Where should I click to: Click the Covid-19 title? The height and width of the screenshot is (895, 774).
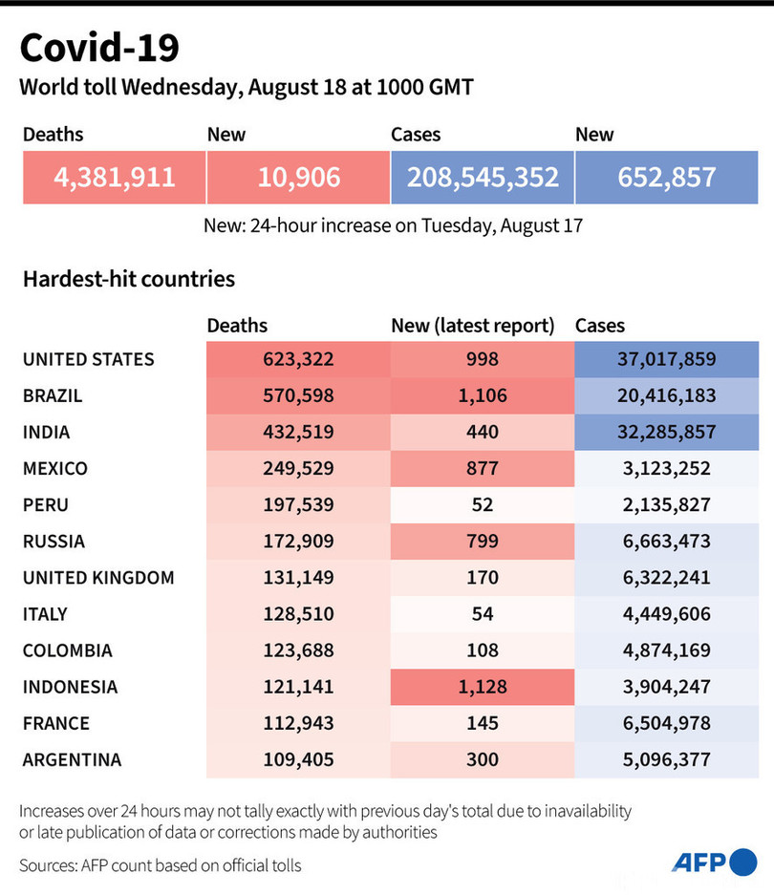pos(98,48)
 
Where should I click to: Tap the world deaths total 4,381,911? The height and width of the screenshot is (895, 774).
pos(115,177)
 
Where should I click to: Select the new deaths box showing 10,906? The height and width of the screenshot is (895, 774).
pos(298,177)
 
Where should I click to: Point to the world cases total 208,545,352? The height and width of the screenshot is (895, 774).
pos(483,177)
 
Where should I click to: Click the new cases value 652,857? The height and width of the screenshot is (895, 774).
pos(667,177)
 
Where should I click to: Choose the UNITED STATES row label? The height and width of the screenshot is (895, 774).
pos(88,360)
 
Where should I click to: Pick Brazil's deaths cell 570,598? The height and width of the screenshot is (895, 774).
pos(298,396)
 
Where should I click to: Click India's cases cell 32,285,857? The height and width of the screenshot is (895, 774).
pos(667,433)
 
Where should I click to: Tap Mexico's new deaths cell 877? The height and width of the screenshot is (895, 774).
pos(483,469)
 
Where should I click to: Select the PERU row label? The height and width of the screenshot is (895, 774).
pos(46,505)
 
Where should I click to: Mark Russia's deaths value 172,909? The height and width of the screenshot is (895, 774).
pos(298,542)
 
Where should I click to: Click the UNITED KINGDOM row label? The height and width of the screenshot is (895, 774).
pos(98,578)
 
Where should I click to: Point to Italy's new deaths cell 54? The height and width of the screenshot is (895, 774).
pos(483,614)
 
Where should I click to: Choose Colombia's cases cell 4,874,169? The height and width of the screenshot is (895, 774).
pos(667,650)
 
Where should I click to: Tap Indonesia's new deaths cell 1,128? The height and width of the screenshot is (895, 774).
pos(483,687)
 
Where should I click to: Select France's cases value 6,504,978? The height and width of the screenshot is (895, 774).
pos(667,723)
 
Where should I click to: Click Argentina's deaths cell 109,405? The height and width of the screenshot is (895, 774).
pos(298,760)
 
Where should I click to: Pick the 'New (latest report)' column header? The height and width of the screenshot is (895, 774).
pos(473,326)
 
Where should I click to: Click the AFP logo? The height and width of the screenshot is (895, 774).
pos(714,862)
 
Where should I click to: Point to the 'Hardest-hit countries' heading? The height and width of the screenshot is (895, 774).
pos(129,280)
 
